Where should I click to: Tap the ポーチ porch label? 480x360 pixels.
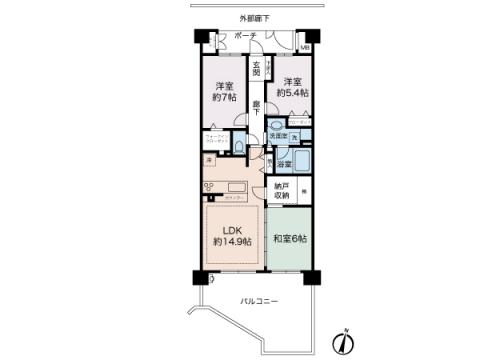pos(244,37)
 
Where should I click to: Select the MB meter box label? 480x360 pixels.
pos(305,46)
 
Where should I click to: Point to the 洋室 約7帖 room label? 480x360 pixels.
pos(223,92)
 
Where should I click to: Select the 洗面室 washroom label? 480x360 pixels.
pos(278,135)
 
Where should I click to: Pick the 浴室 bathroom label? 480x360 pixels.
pos(284,163)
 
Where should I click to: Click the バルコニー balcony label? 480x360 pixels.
pos(257,301)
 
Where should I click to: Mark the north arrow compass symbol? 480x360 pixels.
pos(342,343)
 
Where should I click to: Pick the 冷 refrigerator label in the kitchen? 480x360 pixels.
pos(209,160)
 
